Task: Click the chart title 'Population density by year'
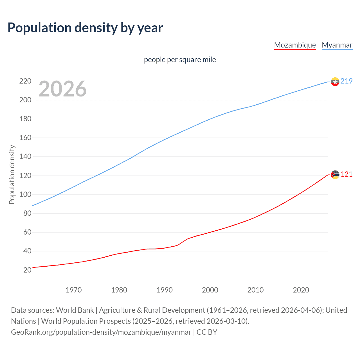coord(85,28)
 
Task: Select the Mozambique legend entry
coord(295,45)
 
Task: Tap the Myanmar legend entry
coord(337,45)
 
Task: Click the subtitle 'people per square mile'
coord(180,60)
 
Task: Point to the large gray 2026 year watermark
coord(62,89)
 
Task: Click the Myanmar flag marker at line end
coord(335,82)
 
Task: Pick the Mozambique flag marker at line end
coord(335,175)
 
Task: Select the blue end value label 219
coord(346,81)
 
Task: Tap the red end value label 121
coord(346,174)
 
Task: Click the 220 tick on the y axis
coord(25,81)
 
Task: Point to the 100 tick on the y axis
coord(25,195)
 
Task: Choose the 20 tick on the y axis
coord(27,270)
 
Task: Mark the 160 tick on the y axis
coord(25,138)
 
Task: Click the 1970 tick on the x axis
coord(74,290)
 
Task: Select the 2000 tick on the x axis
coord(210,290)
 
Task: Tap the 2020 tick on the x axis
coord(301,290)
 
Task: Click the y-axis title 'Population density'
coord(12,174)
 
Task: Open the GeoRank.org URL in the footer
coord(101,332)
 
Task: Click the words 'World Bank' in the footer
coord(75,310)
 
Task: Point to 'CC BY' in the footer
coord(207,332)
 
